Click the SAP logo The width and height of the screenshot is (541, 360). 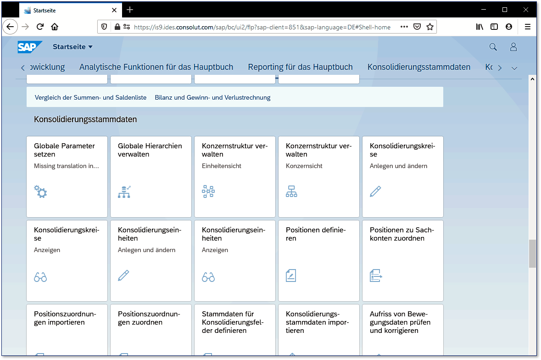[x=30, y=47]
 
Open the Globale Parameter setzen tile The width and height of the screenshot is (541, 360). [x=67, y=176]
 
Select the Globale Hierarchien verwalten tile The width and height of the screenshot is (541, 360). [x=151, y=176]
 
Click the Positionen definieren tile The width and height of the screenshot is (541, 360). [x=319, y=260]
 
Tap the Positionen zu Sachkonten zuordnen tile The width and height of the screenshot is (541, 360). [x=403, y=260]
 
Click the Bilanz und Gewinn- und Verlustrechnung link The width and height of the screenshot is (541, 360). [x=212, y=97]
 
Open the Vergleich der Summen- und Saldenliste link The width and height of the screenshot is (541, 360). [x=90, y=97]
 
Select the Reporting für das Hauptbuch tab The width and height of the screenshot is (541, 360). [x=300, y=67]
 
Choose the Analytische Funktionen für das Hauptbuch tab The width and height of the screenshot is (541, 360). [x=156, y=67]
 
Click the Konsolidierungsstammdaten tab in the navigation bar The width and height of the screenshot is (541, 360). [x=418, y=67]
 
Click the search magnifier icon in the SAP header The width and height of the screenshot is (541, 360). [x=493, y=47]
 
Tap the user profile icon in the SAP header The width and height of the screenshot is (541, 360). [x=513, y=47]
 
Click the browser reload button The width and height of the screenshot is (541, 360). [x=40, y=27]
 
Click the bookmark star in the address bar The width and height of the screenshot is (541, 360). [x=430, y=27]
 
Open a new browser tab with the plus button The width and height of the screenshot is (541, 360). [x=130, y=10]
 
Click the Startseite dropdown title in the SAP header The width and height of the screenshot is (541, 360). [x=73, y=47]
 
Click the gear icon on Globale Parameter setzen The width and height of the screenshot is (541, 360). [x=41, y=191]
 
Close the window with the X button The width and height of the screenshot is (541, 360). [x=526, y=10]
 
